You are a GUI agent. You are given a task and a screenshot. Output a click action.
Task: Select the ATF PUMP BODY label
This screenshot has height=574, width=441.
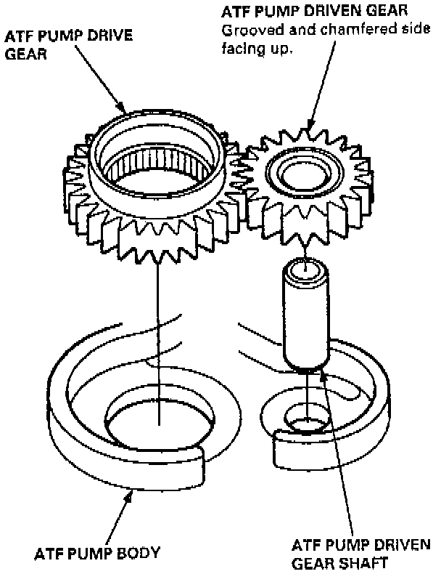tap(96, 554)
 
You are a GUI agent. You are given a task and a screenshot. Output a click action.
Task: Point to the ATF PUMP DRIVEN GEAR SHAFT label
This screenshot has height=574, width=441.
tap(360, 554)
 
